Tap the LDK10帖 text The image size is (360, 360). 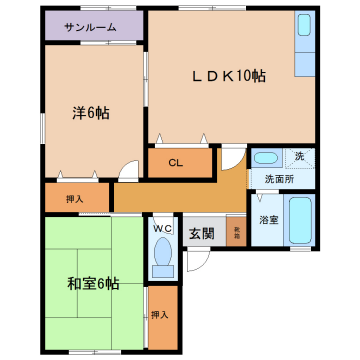coord(229,76)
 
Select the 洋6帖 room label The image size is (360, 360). coord(90,113)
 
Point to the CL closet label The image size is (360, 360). coord(175,162)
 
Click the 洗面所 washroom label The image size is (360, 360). coord(279,178)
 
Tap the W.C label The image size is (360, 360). coord(162,227)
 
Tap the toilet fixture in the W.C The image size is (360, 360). coord(162,262)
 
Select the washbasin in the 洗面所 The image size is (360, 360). coord(265,158)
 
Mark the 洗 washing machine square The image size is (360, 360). coord(298,157)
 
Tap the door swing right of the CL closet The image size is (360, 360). coord(231,157)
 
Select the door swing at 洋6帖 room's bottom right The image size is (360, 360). coord(127,171)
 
